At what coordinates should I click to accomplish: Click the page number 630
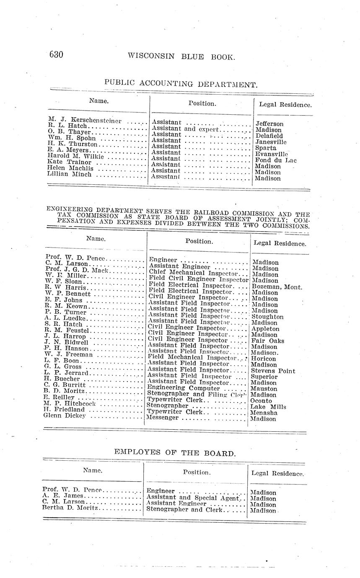click(56, 54)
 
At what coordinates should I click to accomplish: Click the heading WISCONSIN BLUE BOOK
click(181, 57)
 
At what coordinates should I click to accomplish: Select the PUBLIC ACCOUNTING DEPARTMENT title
click(181, 84)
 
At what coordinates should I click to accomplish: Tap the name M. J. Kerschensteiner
click(85, 120)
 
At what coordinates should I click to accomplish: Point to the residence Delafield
click(269, 136)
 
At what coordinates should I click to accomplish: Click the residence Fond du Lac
click(276, 160)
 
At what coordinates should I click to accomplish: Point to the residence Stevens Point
click(273, 371)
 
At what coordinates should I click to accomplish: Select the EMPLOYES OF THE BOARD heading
click(175, 453)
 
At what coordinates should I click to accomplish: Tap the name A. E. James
click(60, 495)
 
